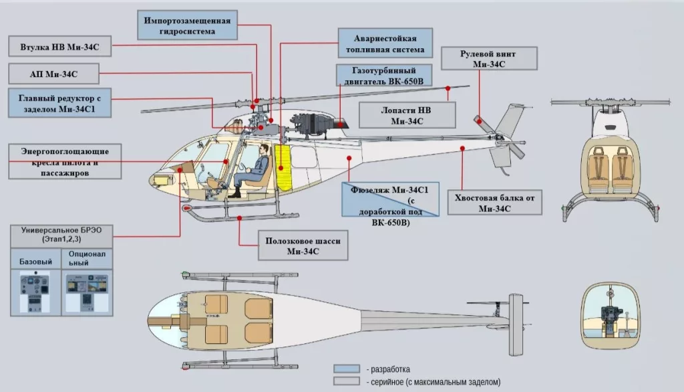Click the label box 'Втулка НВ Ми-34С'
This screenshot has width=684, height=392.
(59, 47)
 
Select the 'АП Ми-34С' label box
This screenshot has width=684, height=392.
(53, 72)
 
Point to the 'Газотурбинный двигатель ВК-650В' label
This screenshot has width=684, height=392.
(383, 76)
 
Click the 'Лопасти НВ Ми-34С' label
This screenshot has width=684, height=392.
(407, 115)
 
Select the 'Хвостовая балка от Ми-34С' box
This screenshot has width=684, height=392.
(494, 203)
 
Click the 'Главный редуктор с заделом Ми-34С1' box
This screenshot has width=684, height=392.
(59, 103)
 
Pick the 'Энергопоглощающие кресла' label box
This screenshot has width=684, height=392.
(65, 161)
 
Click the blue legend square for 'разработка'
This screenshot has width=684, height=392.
(347, 369)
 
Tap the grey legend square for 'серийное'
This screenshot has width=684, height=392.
(347, 382)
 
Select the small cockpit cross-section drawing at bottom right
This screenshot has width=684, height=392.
(612, 316)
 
